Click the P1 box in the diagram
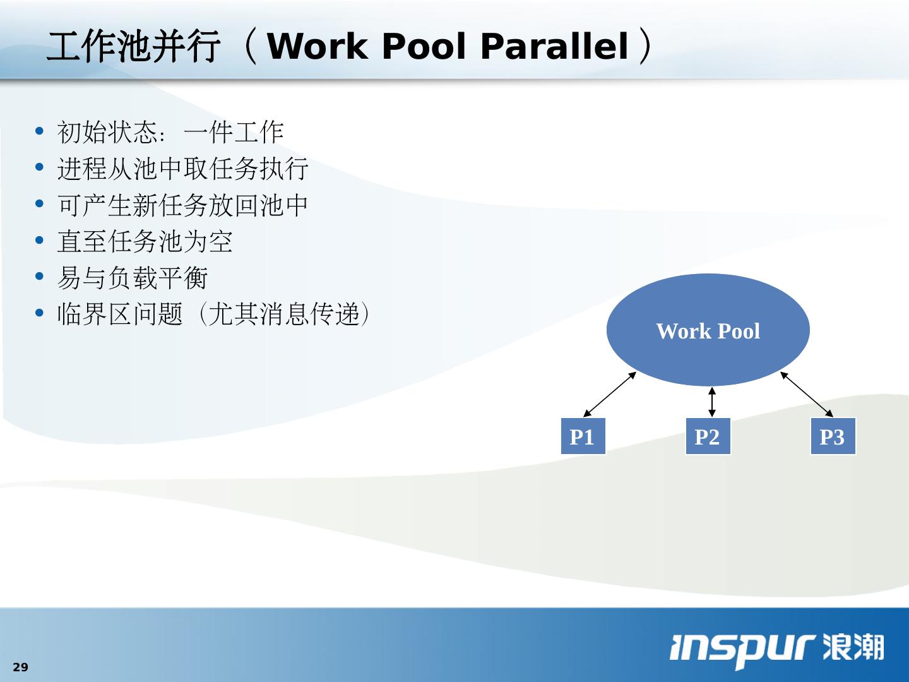coord(583,436)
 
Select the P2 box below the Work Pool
coord(708,436)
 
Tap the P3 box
coord(833,436)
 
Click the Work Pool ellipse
coord(708,330)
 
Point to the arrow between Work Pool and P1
coord(609,395)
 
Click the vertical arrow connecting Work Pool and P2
coord(712,402)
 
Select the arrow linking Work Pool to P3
coord(807,394)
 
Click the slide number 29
coord(21,667)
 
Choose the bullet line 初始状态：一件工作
coord(170,132)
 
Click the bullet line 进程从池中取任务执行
coord(183,169)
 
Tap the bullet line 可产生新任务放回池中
coord(183,205)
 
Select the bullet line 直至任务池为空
coord(145,241)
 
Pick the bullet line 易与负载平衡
coord(133,277)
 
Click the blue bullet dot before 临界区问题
coord(40,313)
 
